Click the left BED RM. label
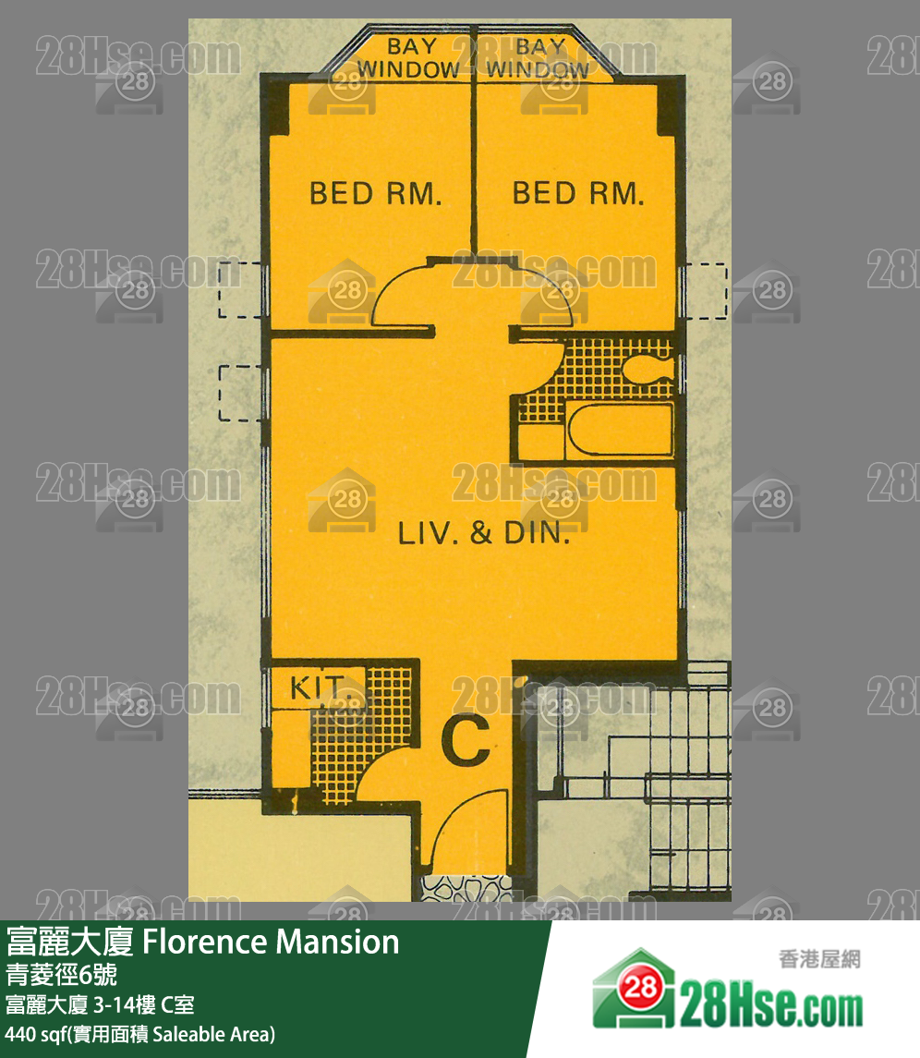(376, 194)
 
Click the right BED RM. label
(579, 194)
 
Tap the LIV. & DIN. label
(484, 533)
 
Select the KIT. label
(317, 687)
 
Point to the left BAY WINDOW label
(409, 58)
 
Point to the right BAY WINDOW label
(538, 58)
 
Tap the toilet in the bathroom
(647, 369)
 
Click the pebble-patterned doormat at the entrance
(466, 888)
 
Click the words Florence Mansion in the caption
(272, 942)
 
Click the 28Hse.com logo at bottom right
(728, 991)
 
